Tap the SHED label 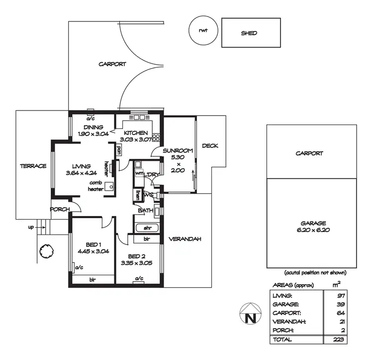[x=249, y=33]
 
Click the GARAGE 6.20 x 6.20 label [x=312, y=227]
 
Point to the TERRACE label [x=33, y=166]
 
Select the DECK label [x=210, y=146]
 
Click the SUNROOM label [x=178, y=150]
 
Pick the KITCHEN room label [x=136, y=133]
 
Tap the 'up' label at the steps [x=31, y=227]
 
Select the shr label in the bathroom [x=147, y=229]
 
